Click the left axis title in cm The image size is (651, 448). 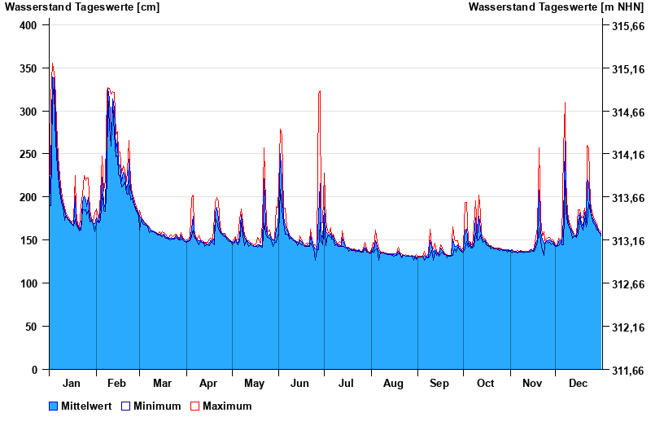[x=82, y=7]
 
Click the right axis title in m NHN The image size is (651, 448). [x=556, y=7]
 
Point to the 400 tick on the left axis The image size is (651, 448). [x=28, y=25]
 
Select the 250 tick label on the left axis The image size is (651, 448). [x=28, y=154]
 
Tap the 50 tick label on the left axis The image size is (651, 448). [x=32, y=327]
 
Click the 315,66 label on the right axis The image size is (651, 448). [x=627, y=26]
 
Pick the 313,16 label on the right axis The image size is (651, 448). [x=627, y=241]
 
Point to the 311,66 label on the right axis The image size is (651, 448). [x=627, y=371]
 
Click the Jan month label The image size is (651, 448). [x=72, y=383]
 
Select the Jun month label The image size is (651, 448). [x=300, y=383]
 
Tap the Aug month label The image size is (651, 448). [x=394, y=383]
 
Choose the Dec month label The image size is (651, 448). [x=579, y=383]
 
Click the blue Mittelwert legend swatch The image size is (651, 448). [x=54, y=406]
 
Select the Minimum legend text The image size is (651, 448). [x=157, y=406]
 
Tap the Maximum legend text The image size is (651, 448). [x=227, y=406]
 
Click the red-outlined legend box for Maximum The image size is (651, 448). [x=194, y=406]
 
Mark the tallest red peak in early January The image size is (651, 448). [x=52, y=64]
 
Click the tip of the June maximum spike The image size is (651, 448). [x=320, y=91]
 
